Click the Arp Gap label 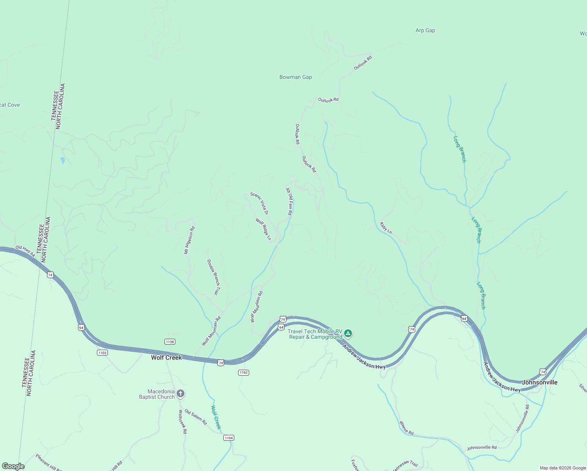tap(425, 30)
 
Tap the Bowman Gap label tap(295, 77)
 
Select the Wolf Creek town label tap(166, 358)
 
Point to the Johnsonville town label tap(540, 382)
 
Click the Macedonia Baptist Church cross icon tap(180, 393)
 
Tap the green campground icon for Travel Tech tap(348, 334)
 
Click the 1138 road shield tap(170, 342)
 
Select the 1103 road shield tap(102, 353)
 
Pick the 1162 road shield tap(243, 372)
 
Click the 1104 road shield tap(228, 438)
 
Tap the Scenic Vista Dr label tap(259, 203)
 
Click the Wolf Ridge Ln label tap(263, 229)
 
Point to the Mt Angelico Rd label tap(190, 240)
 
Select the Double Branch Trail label tap(213, 277)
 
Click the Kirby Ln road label tap(386, 228)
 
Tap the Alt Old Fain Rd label tap(289, 201)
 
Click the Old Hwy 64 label tap(25, 251)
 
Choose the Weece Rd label tap(406, 428)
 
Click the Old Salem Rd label tap(195, 417)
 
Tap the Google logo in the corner tap(13, 466)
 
